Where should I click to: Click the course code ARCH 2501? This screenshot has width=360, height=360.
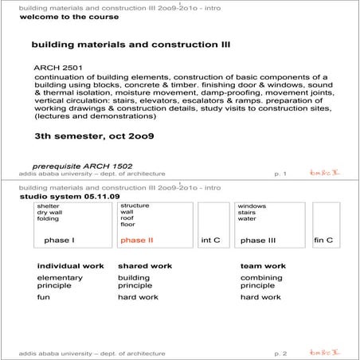(x=57, y=68)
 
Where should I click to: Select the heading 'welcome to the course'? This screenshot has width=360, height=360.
(x=61, y=16)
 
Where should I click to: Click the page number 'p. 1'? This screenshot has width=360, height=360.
(x=280, y=173)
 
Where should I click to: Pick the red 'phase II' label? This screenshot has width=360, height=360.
(x=137, y=240)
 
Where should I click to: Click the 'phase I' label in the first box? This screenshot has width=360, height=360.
(x=60, y=240)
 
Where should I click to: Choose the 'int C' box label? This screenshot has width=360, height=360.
(x=211, y=240)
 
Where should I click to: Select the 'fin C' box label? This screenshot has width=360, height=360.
(x=323, y=240)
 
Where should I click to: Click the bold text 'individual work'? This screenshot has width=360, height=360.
(x=71, y=266)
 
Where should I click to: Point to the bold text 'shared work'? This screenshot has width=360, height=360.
(x=145, y=266)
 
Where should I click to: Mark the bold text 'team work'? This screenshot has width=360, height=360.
(x=263, y=266)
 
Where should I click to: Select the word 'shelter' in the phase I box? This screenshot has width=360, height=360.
(x=48, y=206)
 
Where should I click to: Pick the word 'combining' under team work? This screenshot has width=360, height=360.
(x=260, y=277)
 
